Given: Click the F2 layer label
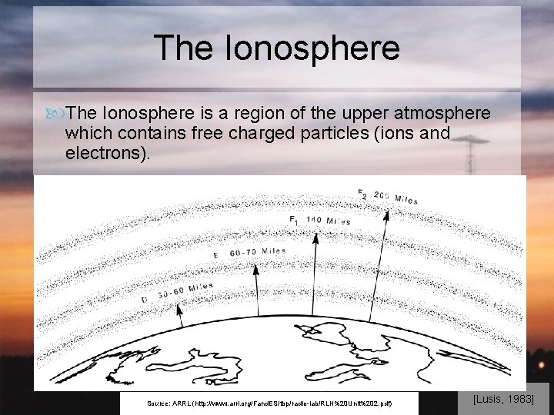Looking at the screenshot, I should [362, 193].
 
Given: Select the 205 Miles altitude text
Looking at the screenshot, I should [396, 198].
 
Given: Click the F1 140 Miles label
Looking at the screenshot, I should [319, 221].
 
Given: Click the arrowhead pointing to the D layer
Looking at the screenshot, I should [179, 306].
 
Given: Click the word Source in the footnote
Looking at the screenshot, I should [158, 403].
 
